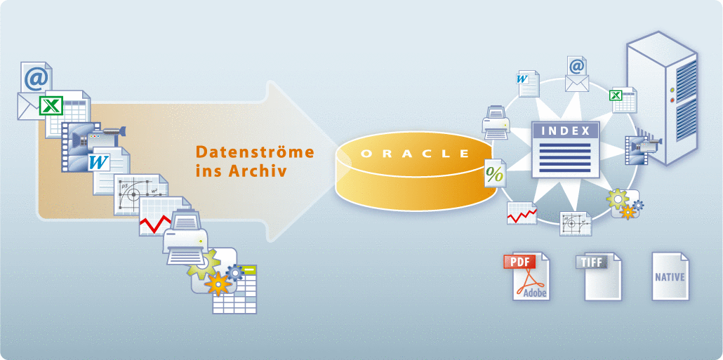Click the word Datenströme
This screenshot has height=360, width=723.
(254, 152)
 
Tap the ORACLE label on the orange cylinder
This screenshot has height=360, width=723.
(414, 153)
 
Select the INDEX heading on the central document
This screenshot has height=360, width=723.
(566, 130)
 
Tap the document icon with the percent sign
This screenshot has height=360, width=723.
(495, 173)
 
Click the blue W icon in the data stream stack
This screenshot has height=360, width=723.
(98, 163)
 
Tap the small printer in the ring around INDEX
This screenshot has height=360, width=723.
(497, 122)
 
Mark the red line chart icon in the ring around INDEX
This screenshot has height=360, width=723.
(522, 213)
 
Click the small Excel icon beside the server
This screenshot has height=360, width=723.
(623, 100)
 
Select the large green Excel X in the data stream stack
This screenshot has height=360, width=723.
(51, 106)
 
